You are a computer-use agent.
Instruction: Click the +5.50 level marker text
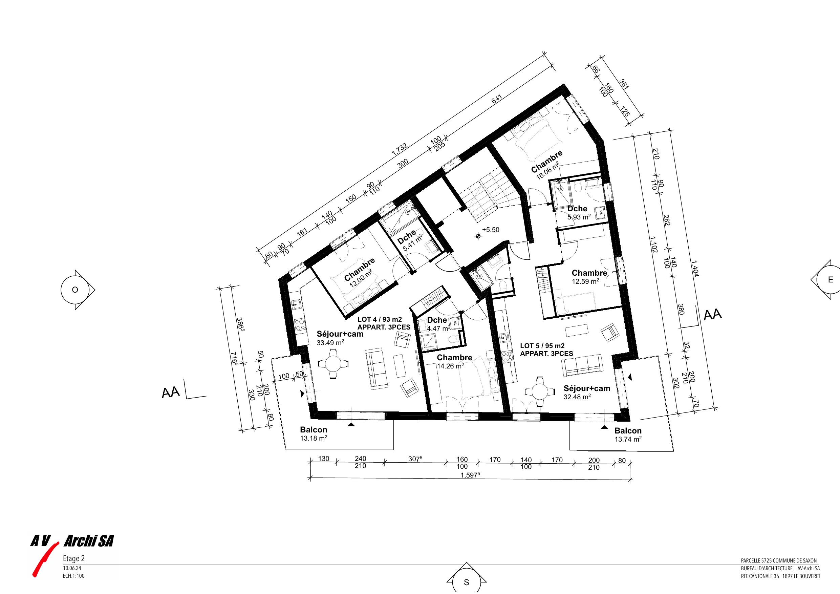[490, 230]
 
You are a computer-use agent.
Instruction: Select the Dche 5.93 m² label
[579, 213]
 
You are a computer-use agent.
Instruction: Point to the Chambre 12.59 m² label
[589, 277]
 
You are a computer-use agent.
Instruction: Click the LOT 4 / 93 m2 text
[380, 319]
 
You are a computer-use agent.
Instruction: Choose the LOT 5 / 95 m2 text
[542, 346]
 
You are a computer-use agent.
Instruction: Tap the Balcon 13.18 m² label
[314, 434]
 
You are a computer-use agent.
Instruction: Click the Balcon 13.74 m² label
[628, 435]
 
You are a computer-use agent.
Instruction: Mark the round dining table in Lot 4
[333, 364]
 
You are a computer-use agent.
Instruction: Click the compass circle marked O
[75, 290]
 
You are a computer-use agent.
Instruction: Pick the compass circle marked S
[467, 581]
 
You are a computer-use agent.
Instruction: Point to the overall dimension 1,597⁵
[470, 475]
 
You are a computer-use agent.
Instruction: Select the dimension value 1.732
[400, 149]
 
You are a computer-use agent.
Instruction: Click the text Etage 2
[73, 558]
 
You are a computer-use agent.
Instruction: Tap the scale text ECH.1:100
[73, 576]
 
